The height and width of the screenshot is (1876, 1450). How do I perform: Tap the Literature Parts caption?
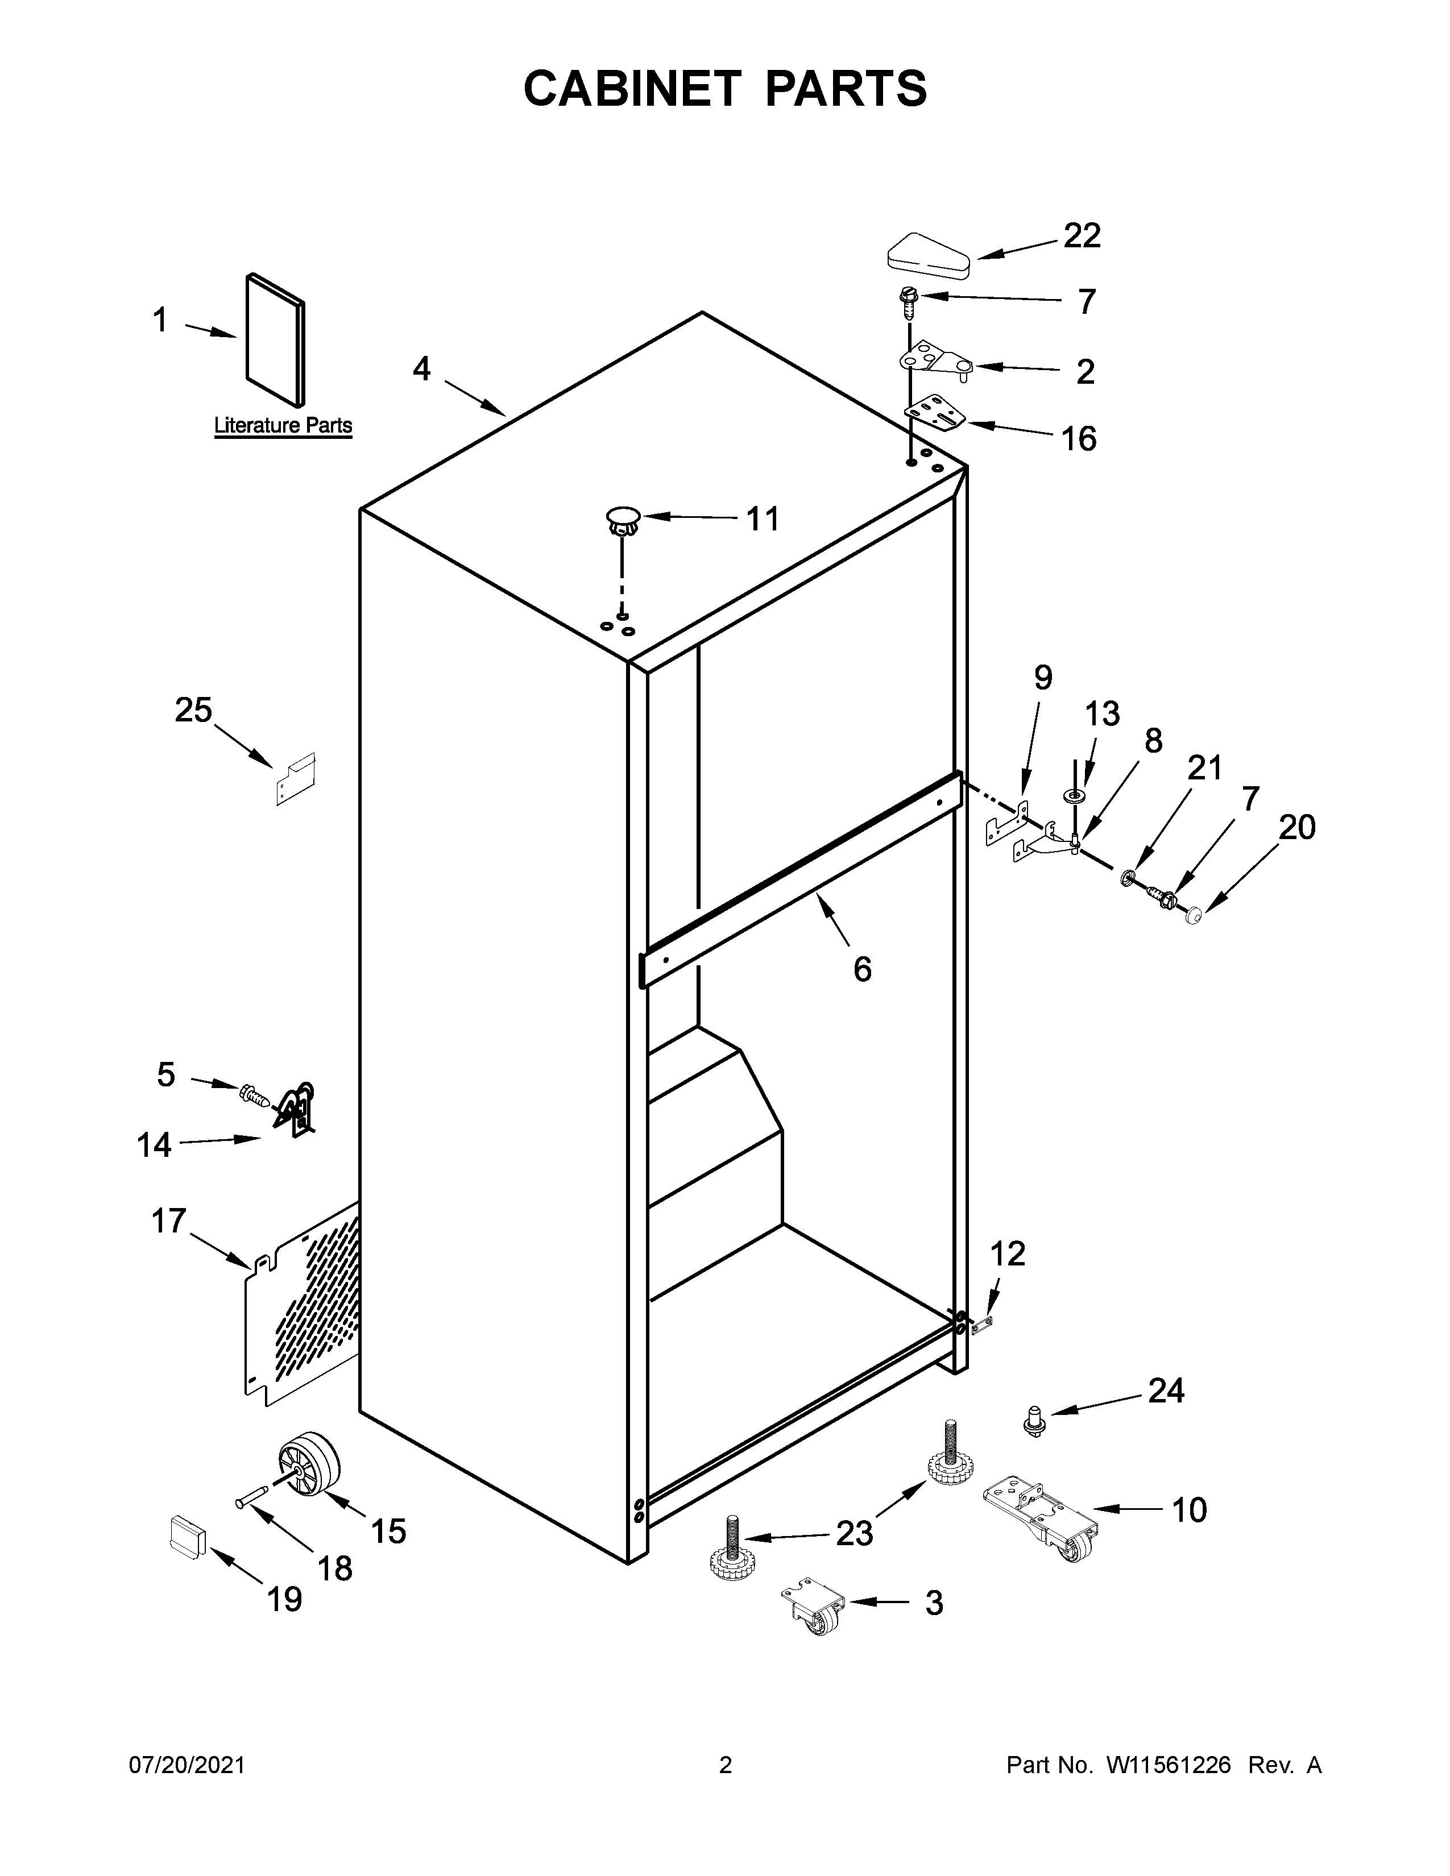coord(283,425)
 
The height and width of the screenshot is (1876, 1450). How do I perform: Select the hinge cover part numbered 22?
coord(928,256)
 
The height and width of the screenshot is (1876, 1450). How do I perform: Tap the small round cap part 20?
coord(1192,918)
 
